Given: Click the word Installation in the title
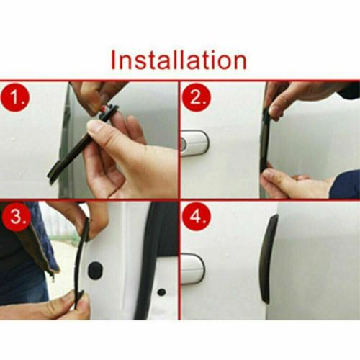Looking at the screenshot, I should [179, 59].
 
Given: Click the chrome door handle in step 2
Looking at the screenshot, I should [193, 142].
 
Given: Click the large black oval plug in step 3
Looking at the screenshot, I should [94, 271].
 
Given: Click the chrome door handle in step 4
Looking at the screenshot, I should [193, 268].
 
